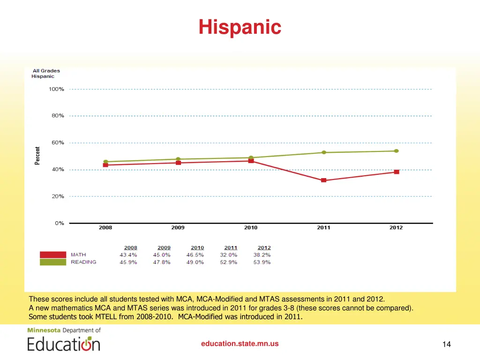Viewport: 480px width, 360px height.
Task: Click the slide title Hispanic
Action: click(240, 27)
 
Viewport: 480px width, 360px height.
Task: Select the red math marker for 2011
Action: click(323, 180)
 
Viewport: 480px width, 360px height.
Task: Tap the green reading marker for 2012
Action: click(396, 151)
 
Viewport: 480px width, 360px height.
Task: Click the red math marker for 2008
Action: click(105, 165)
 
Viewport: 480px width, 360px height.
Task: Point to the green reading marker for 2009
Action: click(178, 159)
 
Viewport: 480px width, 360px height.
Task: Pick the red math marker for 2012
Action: click(397, 172)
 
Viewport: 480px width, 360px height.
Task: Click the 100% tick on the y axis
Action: click(57, 89)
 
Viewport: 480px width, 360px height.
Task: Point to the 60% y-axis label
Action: click(58, 142)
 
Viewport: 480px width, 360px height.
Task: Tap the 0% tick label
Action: click(59, 223)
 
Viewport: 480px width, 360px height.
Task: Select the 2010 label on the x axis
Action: click(251, 228)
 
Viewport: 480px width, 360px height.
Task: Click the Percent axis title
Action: click(37, 156)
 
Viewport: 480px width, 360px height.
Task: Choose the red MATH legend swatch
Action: click(53, 255)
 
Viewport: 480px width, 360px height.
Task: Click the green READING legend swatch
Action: click(53, 262)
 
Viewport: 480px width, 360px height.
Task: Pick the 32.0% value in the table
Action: click(229, 255)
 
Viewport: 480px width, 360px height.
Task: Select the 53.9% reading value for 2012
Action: click(262, 262)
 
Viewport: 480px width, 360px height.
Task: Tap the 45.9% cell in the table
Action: click(128, 262)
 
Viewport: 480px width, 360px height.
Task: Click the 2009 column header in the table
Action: click(164, 247)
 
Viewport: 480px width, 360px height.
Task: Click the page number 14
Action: click(446, 345)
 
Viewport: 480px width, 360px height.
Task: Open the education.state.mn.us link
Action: click(240, 344)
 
